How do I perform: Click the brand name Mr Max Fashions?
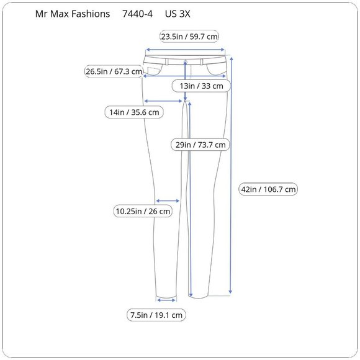click(73, 13)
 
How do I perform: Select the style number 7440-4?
click(138, 13)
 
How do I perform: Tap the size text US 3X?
click(178, 13)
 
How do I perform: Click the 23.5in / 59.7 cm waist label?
click(189, 36)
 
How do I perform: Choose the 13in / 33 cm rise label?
click(201, 86)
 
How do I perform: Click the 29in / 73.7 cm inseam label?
click(200, 145)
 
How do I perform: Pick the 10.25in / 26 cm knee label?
click(143, 211)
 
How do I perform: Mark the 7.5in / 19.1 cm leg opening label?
click(156, 315)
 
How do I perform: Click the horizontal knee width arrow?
click(168, 200)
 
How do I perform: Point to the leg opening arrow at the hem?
click(167, 300)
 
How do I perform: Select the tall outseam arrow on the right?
click(231, 174)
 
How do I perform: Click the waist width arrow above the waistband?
click(184, 51)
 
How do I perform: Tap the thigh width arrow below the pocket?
click(164, 101)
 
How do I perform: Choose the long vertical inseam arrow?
click(189, 199)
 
